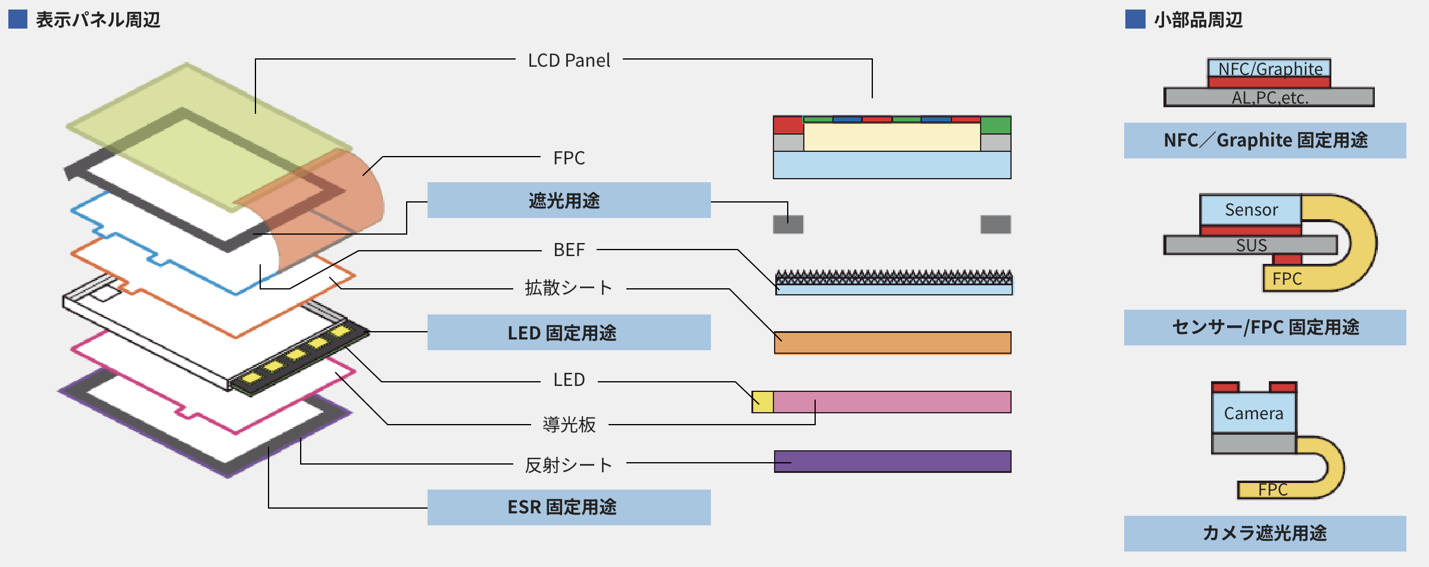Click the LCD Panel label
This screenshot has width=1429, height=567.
[569, 60]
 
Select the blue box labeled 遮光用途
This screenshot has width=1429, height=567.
[569, 200]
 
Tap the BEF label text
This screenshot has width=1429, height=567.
[569, 250]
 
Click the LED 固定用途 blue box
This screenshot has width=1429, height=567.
[569, 332]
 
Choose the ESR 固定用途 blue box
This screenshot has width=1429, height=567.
[569, 507]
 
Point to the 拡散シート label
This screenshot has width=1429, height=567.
[569, 288]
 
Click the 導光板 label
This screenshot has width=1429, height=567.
[569, 425]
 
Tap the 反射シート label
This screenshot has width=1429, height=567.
[569, 465]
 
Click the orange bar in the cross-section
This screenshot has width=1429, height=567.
[893, 342]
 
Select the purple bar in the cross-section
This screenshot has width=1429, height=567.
[893, 462]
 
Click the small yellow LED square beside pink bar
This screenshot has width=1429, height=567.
[763, 402]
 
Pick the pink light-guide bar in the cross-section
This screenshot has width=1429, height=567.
[892, 402]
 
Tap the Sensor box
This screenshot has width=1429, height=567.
[1251, 210]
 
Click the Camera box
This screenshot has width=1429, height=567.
[1253, 413]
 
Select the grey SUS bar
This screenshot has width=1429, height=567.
[1251, 245]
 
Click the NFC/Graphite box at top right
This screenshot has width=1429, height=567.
[1269, 68]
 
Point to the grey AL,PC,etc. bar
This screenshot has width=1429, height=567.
[1269, 97]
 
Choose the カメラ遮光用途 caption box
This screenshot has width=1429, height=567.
[1265, 533]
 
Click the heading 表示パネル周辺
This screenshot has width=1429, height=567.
[98, 20]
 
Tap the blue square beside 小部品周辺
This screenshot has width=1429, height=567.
[1135, 19]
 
